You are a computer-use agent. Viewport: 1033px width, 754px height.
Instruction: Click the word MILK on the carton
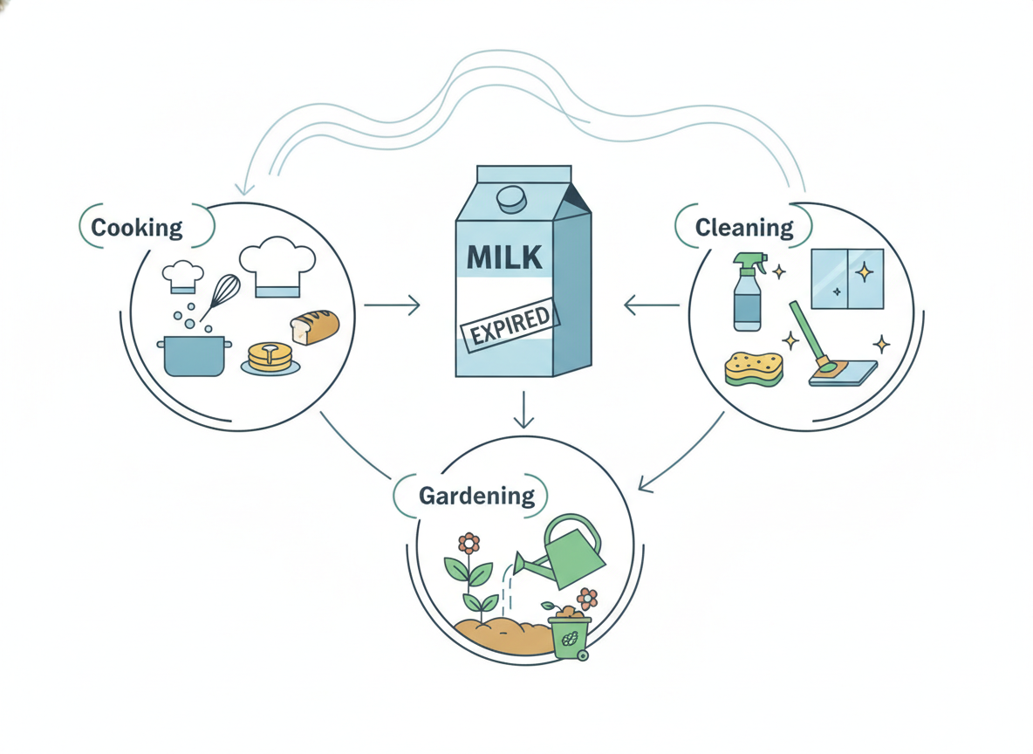click(504, 257)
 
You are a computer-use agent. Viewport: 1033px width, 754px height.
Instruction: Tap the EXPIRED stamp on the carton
click(510, 326)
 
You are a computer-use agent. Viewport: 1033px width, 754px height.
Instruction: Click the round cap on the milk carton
click(511, 199)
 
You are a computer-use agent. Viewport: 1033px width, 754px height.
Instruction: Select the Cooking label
click(136, 228)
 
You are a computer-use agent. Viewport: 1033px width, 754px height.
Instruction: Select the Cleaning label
click(744, 228)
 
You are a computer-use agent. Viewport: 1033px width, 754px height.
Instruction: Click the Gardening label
click(477, 496)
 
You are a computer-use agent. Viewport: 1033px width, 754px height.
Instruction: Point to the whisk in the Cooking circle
click(219, 297)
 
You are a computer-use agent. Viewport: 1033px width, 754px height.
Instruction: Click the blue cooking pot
click(195, 356)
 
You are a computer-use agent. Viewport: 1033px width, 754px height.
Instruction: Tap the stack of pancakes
click(270, 359)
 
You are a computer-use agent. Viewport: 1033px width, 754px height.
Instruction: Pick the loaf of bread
click(315, 327)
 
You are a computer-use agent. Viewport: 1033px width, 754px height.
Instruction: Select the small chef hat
click(182, 277)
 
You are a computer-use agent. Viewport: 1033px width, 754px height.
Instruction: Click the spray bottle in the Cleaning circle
click(749, 291)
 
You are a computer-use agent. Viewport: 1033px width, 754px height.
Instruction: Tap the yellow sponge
click(755, 368)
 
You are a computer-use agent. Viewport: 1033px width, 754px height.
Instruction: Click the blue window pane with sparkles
click(847, 278)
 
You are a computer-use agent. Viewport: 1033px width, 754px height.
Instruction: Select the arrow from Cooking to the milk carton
click(392, 305)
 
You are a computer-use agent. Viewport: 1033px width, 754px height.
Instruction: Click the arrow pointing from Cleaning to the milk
click(652, 305)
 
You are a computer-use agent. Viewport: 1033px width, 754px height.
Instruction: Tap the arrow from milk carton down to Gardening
click(523, 409)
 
